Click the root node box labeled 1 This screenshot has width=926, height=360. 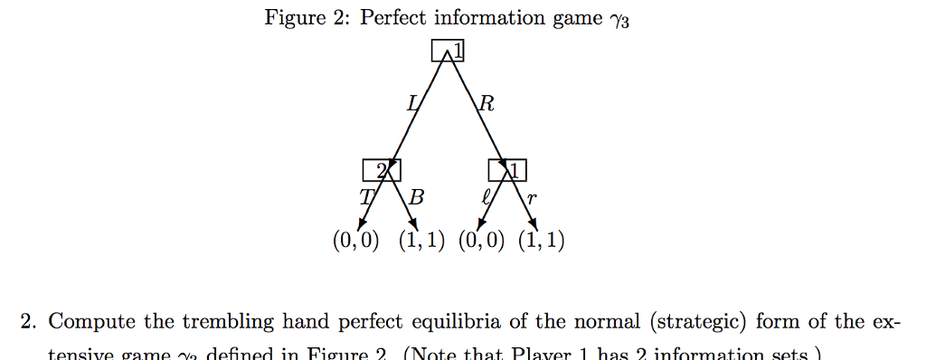[448, 52]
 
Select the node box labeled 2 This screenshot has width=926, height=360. [381, 169]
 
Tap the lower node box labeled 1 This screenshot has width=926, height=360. [507, 169]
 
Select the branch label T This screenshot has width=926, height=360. [365, 195]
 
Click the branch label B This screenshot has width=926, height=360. [416, 195]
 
